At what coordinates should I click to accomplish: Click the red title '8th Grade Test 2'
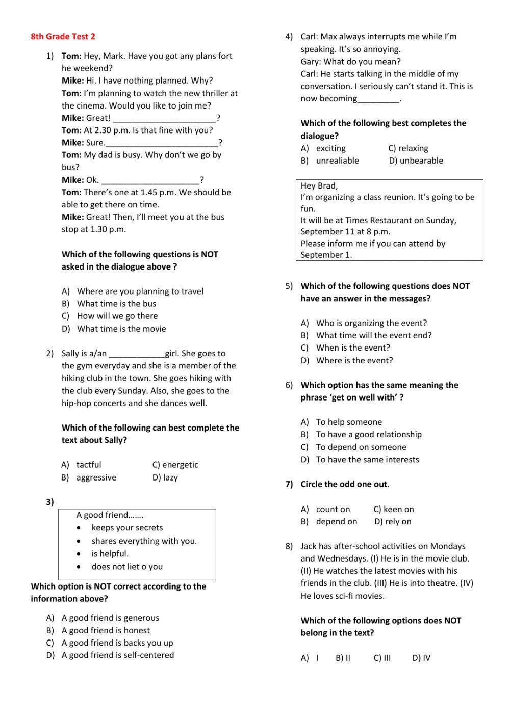(63, 36)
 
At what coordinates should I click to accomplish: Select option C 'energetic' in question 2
(175, 465)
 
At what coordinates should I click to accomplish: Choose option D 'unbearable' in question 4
(416, 161)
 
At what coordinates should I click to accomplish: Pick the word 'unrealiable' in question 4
(337, 161)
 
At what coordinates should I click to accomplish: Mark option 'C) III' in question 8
(382, 658)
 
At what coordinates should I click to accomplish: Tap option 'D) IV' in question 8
(421, 658)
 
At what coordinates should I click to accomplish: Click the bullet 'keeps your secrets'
(127, 527)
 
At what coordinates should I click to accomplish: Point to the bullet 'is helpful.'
(110, 553)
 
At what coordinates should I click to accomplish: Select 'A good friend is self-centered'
(117, 655)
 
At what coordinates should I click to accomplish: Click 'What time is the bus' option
(116, 303)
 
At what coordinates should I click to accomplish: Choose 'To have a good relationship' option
(369, 434)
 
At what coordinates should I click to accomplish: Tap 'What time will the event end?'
(373, 335)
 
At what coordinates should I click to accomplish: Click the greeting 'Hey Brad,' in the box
(319, 185)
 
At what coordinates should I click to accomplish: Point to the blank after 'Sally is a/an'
(137, 354)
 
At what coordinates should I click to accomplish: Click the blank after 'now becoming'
(378, 99)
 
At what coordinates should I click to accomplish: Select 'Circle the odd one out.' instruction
(345, 484)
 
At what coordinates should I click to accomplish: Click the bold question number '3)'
(50, 502)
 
